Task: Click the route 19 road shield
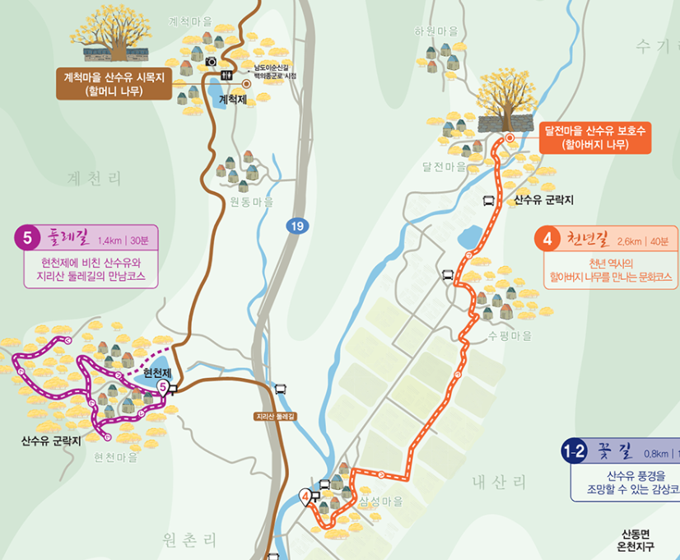(x=296, y=225)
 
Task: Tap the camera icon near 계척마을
(x=212, y=62)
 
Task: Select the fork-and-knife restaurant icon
(x=227, y=75)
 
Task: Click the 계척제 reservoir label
(x=233, y=100)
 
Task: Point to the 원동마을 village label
(x=252, y=202)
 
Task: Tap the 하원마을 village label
(x=436, y=31)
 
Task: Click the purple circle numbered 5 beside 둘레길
(x=27, y=239)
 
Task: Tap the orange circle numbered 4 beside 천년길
(x=547, y=240)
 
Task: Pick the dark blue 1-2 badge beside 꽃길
(x=574, y=451)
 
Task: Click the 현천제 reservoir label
(x=157, y=372)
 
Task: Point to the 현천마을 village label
(x=116, y=457)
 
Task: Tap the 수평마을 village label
(x=510, y=336)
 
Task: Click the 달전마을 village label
(x=445, y=166)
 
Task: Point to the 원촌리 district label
(x=191, y=540)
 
